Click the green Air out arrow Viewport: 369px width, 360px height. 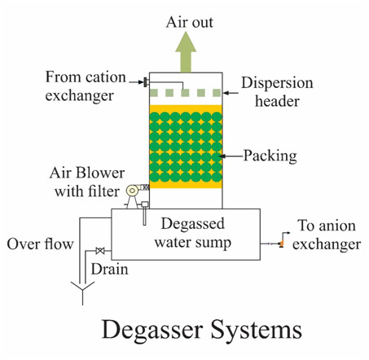186,52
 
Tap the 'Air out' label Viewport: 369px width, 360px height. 190,22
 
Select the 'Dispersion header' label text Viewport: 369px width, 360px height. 277,92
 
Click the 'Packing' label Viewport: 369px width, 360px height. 270,156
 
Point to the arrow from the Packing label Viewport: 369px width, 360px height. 231,156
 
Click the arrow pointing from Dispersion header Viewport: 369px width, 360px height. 231,93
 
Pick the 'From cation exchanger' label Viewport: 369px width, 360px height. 86,86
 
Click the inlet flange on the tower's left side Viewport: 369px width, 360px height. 146,82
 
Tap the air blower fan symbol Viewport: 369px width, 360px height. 133,191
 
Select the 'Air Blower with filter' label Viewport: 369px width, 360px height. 87,182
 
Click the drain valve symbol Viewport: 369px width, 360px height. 100,251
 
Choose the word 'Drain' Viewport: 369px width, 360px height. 109,270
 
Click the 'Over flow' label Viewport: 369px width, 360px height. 40,244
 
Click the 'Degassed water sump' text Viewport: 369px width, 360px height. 193,233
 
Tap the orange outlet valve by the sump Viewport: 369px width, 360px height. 282,244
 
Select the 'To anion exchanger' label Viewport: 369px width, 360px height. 327,235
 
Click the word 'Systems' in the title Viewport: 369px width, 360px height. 257,330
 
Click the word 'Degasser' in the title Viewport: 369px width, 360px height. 152,329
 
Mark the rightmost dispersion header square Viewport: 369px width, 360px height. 217,93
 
